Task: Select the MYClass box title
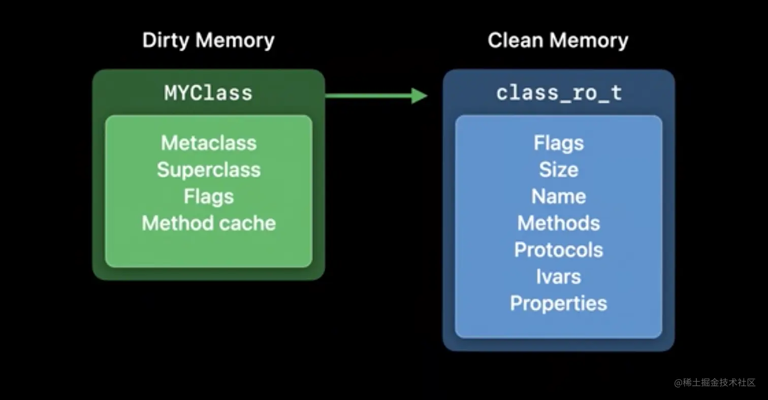point(208,93)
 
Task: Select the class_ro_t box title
point(559,93)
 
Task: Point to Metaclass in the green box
point(208,143)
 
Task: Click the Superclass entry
point(208,170)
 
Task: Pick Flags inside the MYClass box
point(208,196)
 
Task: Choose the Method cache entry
point(208,223)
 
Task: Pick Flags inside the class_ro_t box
point(559,143)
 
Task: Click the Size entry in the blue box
point(559,170)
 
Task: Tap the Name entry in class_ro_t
point(559,196)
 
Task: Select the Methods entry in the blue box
point(559,223)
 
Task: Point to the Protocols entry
point(559,250)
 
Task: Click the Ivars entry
point(559,277)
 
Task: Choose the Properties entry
point(559,304)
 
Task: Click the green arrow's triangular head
point(419,95)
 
